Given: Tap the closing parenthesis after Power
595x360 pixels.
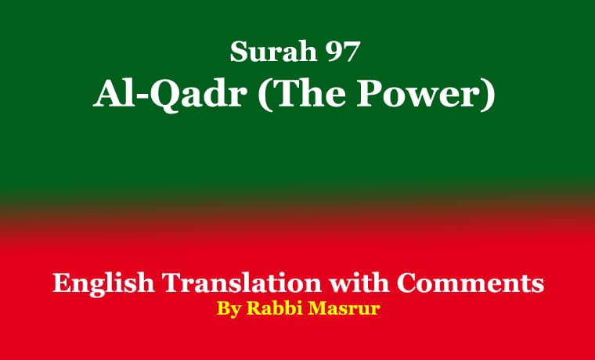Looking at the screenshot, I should tap(489, 95).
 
